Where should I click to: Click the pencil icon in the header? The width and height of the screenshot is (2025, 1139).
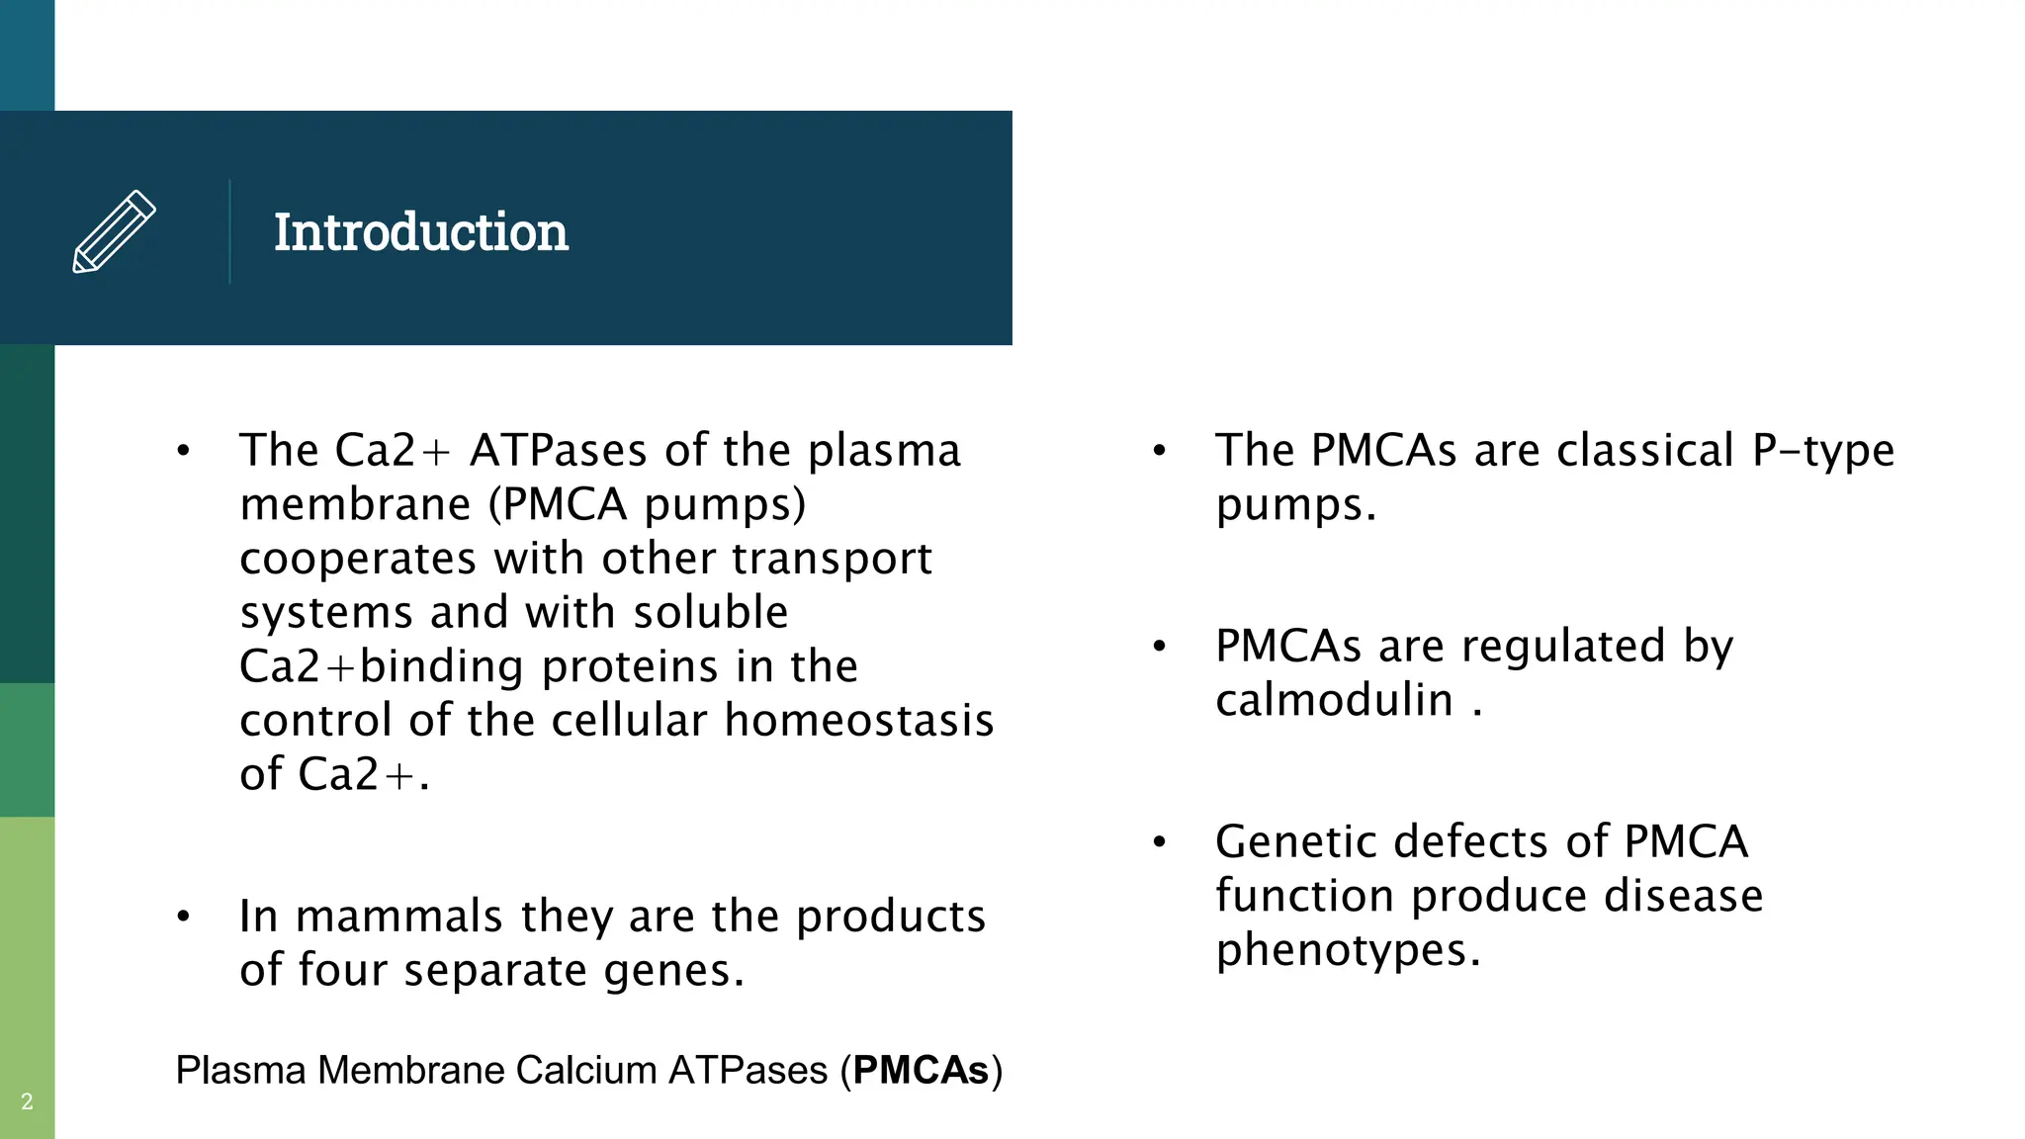point(114,231)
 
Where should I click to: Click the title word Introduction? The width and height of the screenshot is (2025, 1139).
point(420,232)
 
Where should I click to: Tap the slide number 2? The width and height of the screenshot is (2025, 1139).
point(27,1101)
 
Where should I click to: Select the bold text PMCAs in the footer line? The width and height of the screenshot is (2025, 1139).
point(921,1071)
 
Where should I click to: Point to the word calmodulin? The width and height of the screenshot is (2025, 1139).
point(1334,700)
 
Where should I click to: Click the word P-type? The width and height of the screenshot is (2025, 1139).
point(1823,451)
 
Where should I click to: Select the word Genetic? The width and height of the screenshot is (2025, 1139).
point(1296,842)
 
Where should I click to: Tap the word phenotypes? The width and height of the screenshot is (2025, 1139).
point(1348,950)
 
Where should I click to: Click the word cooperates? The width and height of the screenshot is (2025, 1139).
point(358,559)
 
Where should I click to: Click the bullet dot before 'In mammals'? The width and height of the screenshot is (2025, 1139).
point(183,917)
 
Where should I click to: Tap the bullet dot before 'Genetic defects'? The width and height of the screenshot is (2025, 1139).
point(1160,842)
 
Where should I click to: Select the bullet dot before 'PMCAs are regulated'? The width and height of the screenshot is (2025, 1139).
point(1160,647)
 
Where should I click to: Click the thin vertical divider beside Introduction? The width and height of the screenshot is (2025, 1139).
point(229,231)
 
